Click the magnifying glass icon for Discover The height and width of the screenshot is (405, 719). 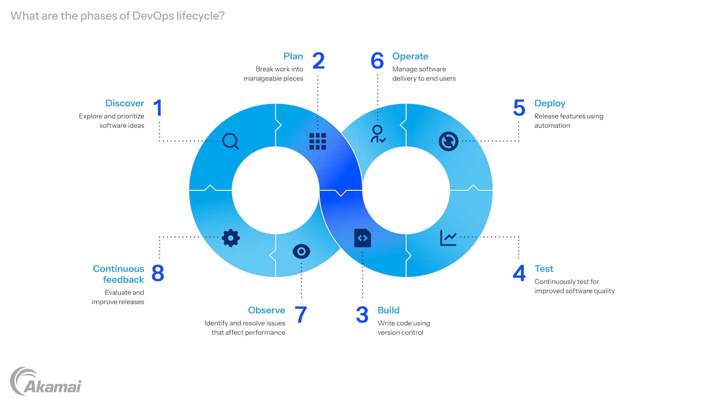(x=230, y=141)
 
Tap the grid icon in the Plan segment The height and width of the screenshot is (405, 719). (x=318, y=141)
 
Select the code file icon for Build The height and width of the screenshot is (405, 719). (x=362, y=238)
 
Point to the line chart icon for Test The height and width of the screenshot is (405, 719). (x=448, y=237)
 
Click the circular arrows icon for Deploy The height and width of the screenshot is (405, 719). (x=448, y=141)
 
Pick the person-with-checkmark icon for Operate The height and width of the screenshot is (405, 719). (x=377, y=134)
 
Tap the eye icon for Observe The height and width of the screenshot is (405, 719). (x=301, y=251)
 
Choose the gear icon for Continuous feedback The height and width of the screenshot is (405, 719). (x=230, y=238)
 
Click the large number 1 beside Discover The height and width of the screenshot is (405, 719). (x=158, y=108)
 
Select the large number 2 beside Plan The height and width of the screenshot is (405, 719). (x=318, y=61)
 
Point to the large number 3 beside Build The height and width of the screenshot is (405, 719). (x=362, y=315)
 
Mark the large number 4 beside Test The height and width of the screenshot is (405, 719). (x=519, y=273)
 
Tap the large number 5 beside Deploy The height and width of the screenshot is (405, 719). (x=519, y=108)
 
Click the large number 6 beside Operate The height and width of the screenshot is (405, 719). (x=377, y=61)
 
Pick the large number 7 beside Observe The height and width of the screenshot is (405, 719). (x=301, y=315)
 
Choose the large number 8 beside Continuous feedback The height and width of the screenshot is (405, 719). (x=158, y=273)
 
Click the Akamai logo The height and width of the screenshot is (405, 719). (x=45, y=381)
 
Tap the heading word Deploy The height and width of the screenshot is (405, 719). (x=550, y=103)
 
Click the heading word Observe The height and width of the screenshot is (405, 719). (x=267, y=310)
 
